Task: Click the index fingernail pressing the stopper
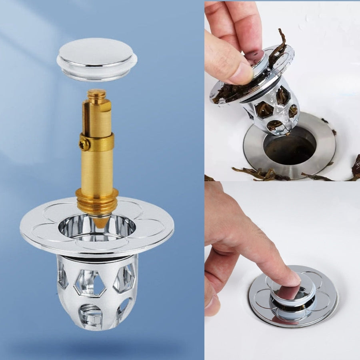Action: [x=292, y=279]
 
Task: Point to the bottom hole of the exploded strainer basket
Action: [x=91, y=314]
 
